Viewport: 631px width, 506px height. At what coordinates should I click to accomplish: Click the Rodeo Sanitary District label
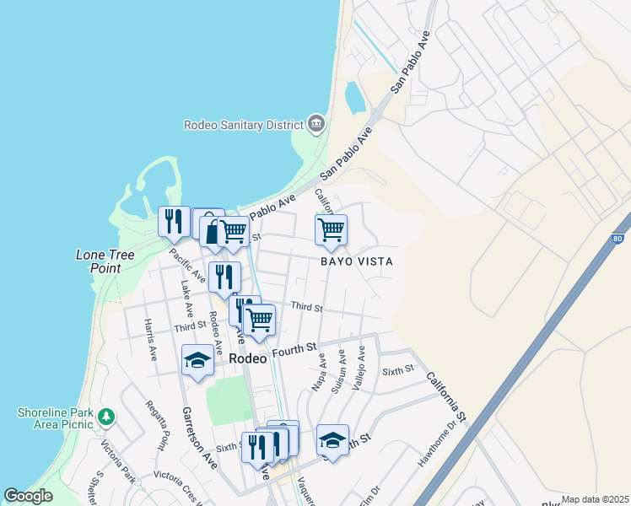[x=243, y=125]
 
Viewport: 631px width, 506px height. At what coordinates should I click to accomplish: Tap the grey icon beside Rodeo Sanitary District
[x=316, y=124]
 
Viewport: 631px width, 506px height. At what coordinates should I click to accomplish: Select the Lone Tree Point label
[x=111, y=261]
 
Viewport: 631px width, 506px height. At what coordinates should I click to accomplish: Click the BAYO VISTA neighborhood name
[x=356, y=261]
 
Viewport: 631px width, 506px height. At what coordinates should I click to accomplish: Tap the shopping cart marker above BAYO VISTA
[x=331, y=229]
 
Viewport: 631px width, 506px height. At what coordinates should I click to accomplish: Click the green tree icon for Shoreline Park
[x=106, y=416]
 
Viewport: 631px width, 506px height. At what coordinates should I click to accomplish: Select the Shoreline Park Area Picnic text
[x=54, y=419]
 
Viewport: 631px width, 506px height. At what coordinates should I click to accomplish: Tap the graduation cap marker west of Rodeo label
[x=197, y=361]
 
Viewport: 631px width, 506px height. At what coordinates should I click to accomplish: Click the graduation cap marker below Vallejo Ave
[x=332, y=440]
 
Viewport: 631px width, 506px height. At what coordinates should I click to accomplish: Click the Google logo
[x=29, y=496]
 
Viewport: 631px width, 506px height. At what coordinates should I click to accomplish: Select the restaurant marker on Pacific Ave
[x=173, y=221]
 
